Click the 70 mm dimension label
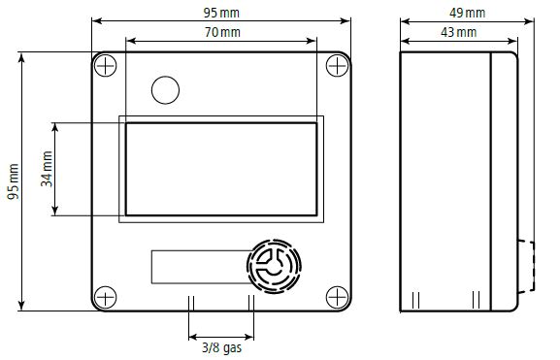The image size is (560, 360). (x=222, y=32)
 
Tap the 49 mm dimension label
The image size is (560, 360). (x=467, y=13)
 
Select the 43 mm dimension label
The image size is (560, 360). (x=458, y=32)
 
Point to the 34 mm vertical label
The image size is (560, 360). (x=47, y=169)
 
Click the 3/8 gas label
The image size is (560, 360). (x=222, y=347)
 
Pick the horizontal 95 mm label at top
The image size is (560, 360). (x=221, y=13)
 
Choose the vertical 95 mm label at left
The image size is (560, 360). (x=14, y=181)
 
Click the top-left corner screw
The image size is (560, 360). (x=105, y=65)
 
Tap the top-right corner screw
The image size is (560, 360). (x=337, y=65)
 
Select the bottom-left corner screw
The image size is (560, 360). (x=105, y=298)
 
